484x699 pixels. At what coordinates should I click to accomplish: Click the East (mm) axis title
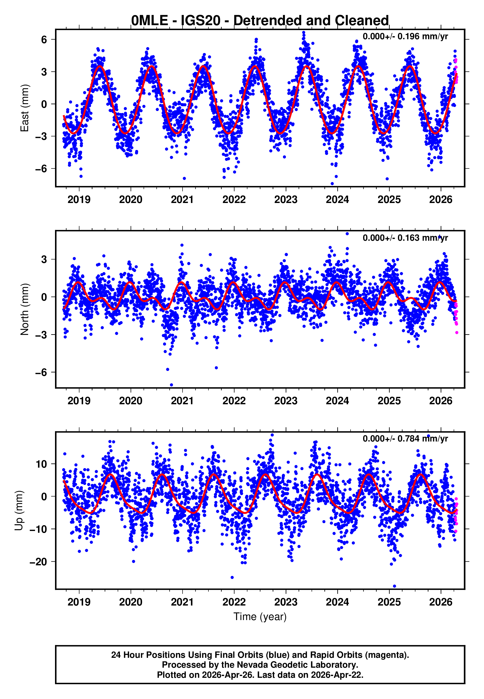[x=24, y=108]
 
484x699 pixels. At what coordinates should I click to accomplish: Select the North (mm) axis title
[x=24, y=309]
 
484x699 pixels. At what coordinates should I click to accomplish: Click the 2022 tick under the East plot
[x=234, y=200]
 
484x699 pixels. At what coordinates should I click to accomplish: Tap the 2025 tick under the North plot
[x=389, y=401]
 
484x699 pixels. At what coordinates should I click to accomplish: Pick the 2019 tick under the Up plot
[x=79, y=602]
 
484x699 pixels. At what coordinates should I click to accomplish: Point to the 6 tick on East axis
[x=44, y=39]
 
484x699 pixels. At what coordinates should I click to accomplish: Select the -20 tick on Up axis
[x=38, y=562]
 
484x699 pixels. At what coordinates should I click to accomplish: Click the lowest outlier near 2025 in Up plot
[x=394, y=586]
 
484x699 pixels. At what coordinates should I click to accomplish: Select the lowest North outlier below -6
[x=171, y=385]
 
